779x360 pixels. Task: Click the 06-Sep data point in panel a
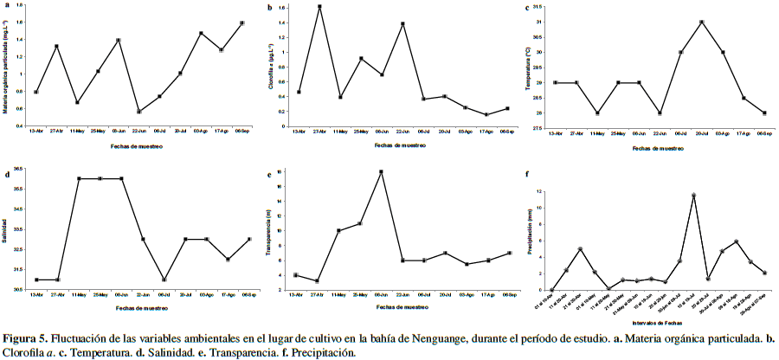(x=242, y=22)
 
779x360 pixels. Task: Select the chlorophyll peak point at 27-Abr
(x=320, y=6)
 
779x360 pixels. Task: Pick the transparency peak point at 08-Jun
(x=381, y=171)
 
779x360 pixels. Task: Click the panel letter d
(x=8, y=174)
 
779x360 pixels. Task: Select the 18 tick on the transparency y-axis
(x=280, y=171)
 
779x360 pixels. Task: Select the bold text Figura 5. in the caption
(x=26, y=338)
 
